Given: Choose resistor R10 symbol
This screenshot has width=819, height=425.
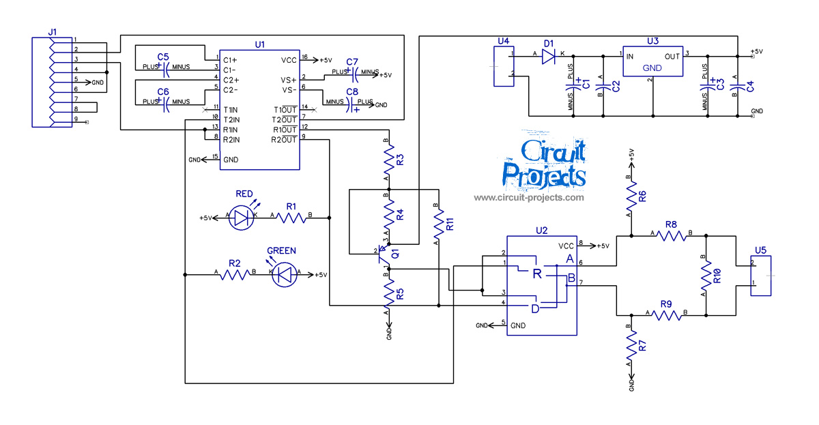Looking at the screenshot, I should coord(706,276).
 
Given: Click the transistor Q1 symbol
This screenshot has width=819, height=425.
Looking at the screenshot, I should coord(386,254).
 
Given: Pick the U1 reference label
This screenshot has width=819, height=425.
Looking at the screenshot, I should coord(259,44).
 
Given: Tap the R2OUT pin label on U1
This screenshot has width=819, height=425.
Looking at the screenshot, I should coord(285,140).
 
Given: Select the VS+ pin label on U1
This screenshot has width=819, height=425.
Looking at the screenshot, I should coord(288,79).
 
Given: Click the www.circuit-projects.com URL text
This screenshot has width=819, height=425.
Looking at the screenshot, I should coord(529,198).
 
